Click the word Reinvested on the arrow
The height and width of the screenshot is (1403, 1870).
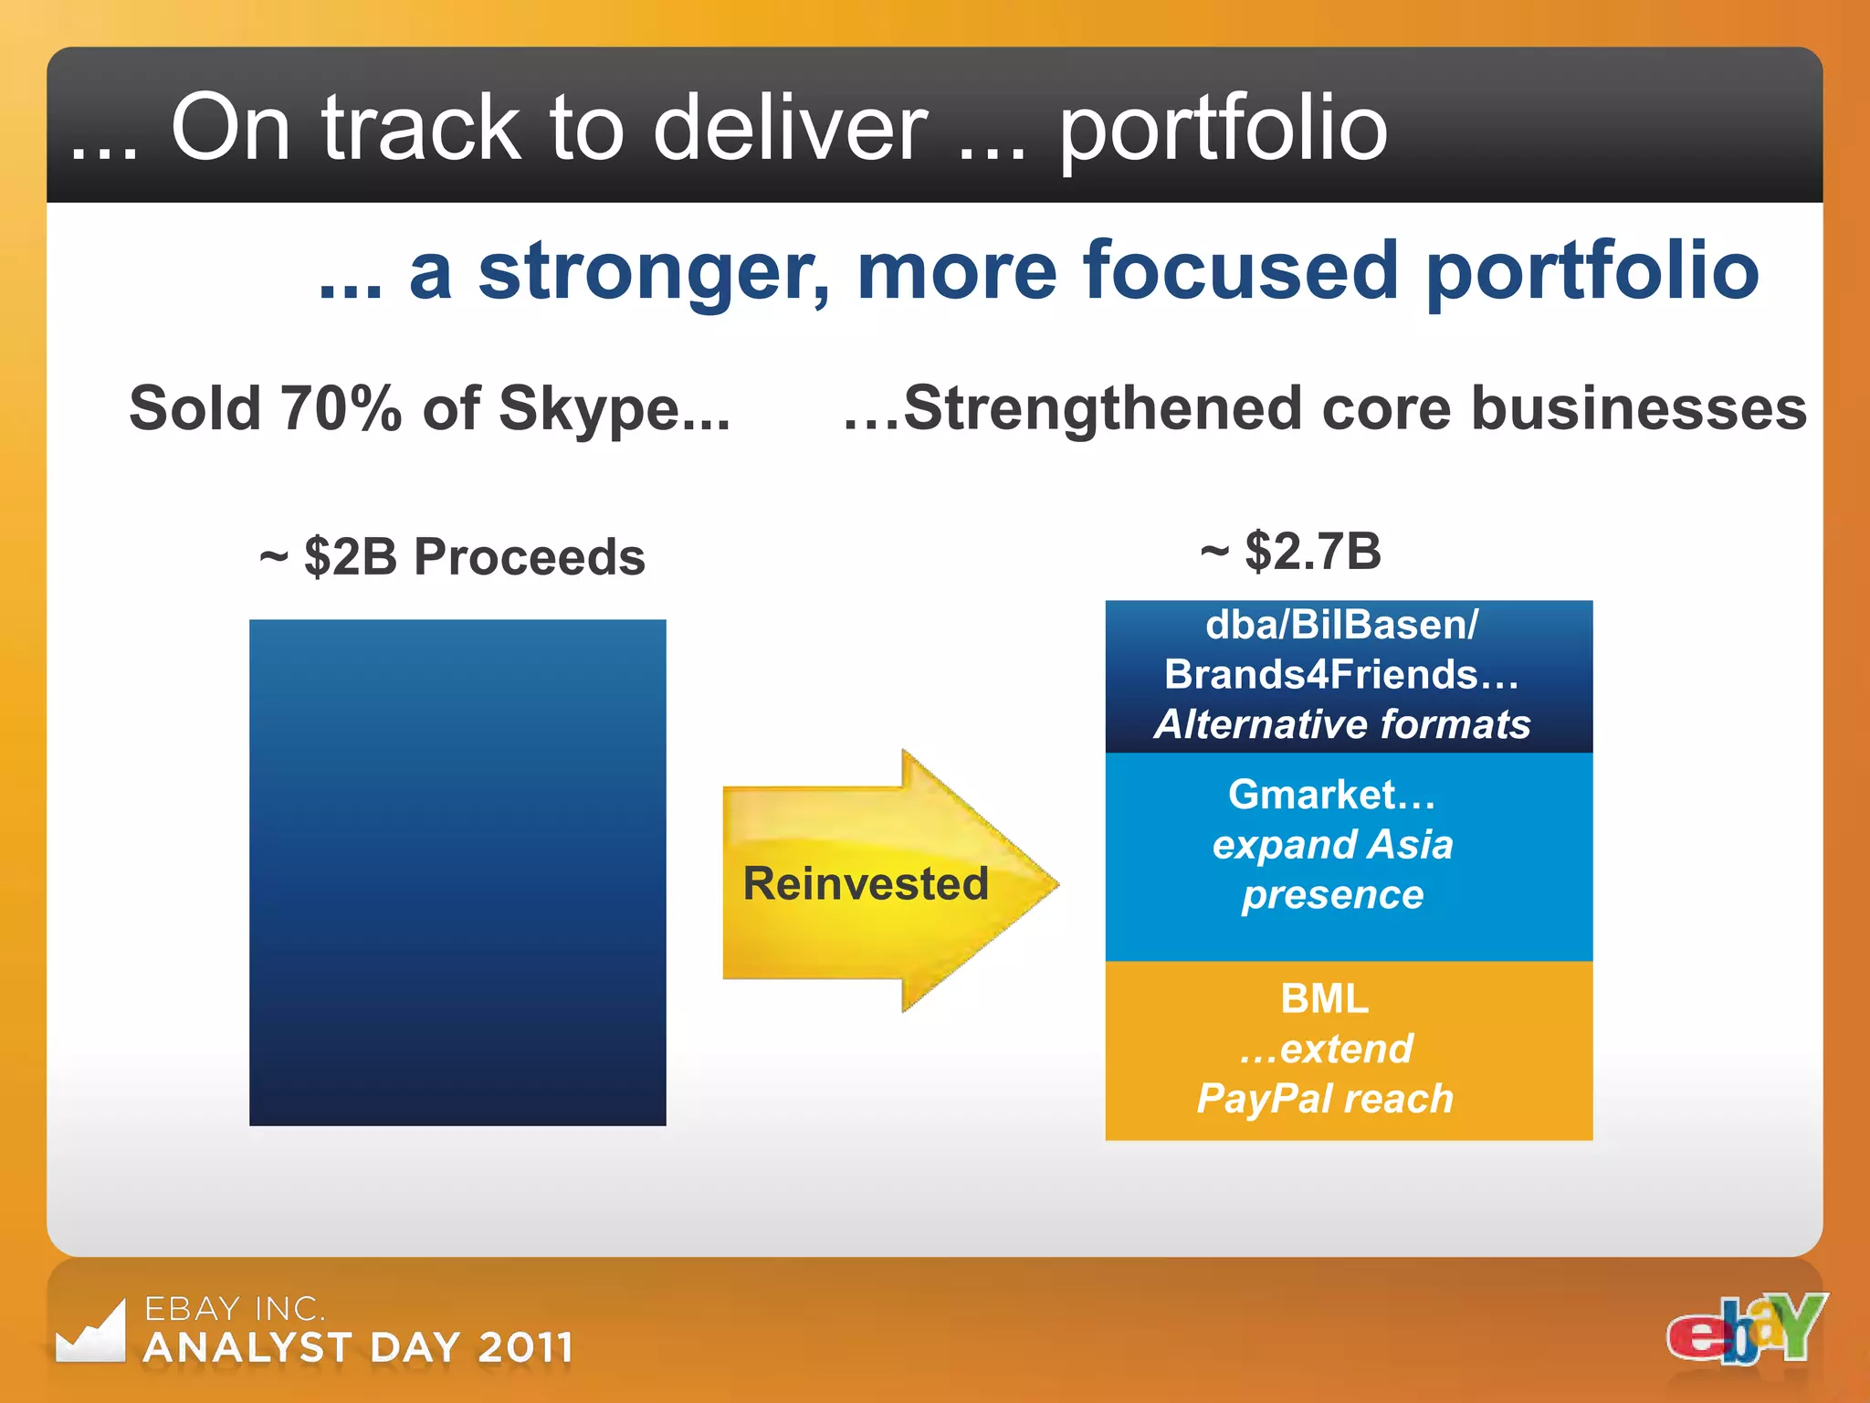click(x=865, y=883)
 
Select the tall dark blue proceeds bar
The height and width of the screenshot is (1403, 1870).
click(x=457, y=872)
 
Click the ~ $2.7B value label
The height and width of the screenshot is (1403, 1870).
click(x=1290, y=552)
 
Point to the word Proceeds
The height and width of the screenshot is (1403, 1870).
click(x=529, y=557)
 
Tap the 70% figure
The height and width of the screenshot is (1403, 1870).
click(x=341, y=408)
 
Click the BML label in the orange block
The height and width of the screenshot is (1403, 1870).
click(x=1324, y=998)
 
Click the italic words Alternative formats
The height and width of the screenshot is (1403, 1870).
click(x=1342, y=724)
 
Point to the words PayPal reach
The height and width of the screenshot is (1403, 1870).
click(x=1324, y=1099)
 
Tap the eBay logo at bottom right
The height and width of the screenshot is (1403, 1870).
click(x=1745, y=1329)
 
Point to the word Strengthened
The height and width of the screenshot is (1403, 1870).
click(x=1104, y=408)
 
